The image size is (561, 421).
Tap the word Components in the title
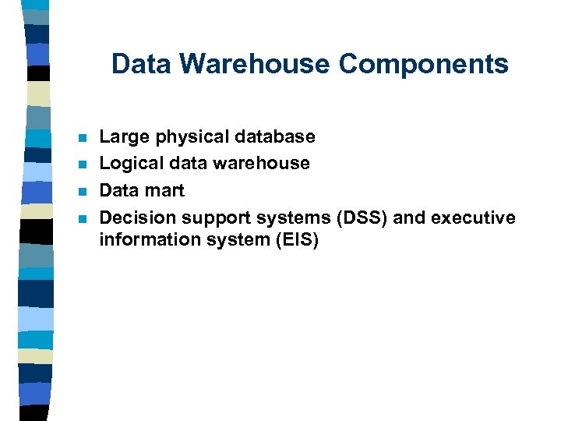point(423,64)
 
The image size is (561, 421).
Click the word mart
point(165,191)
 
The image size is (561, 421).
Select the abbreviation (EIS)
point(296,240)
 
